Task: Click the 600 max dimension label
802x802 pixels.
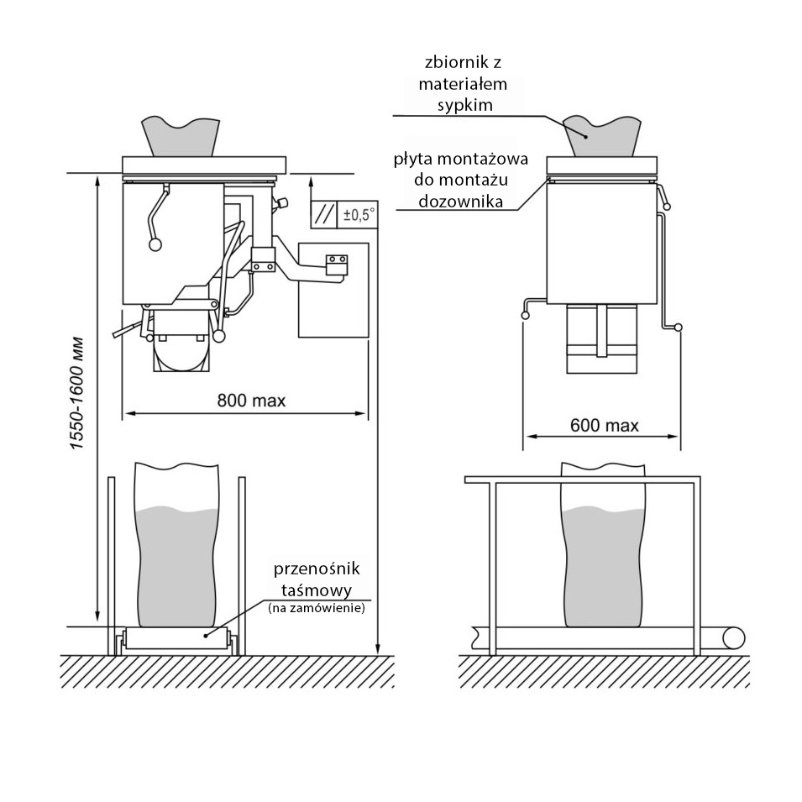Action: [x=604, y=425]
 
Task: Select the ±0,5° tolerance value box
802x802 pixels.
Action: [x=359, y=214]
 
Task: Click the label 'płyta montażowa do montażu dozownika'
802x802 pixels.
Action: [x=460, y=181]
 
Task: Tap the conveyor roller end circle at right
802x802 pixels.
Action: [x=736, y=637]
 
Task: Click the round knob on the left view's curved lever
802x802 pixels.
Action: [x=155, y=245]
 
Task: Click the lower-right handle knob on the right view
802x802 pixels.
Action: [x=679, y=328]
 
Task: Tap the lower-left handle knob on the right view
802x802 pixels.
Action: [x=526, y=316]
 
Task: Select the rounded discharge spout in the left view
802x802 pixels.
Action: [x=181, y=354]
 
